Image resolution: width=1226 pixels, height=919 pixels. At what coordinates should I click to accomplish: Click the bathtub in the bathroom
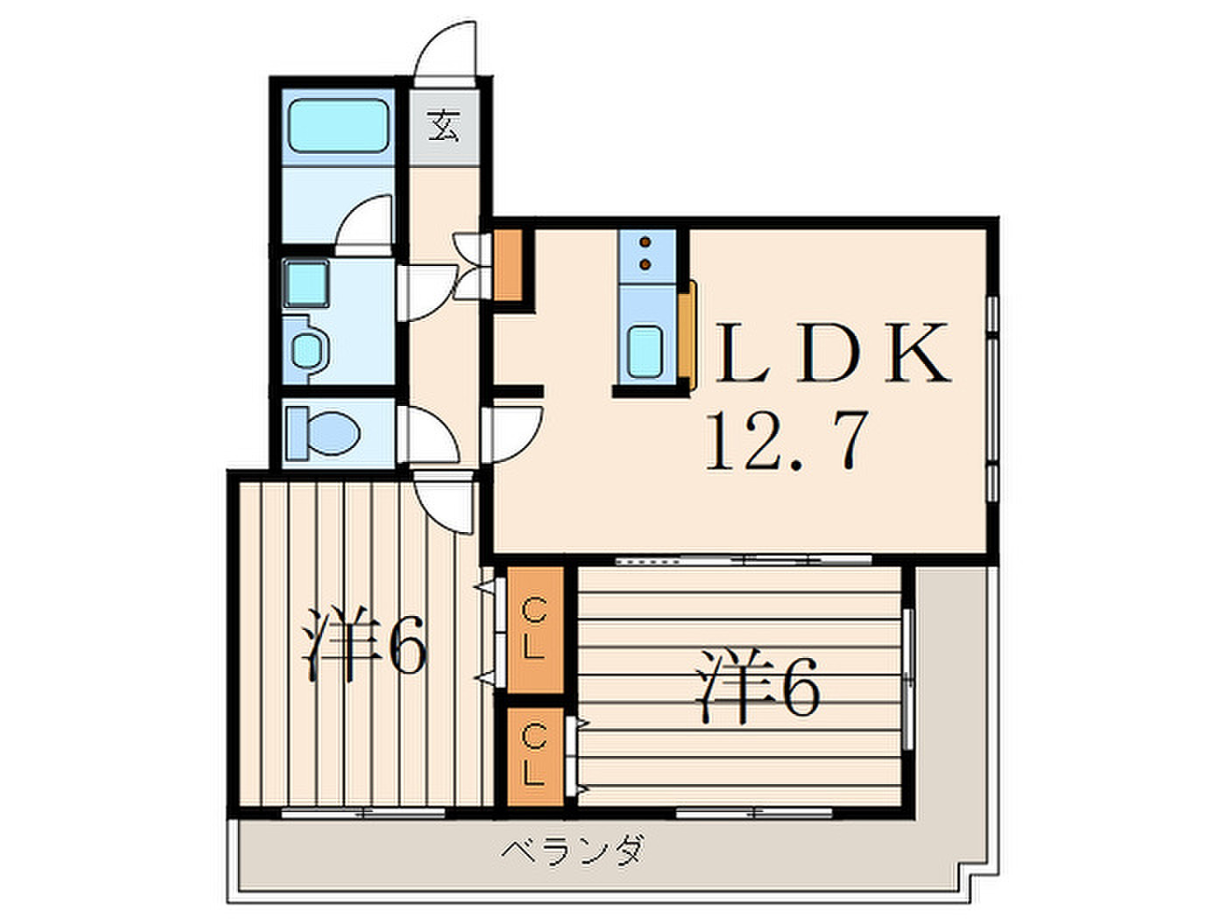(x=339, y=126)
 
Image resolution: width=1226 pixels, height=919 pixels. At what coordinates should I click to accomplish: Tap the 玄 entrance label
(x=445, y=125)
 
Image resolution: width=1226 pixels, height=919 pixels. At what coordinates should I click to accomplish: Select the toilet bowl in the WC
(x=333, y=433)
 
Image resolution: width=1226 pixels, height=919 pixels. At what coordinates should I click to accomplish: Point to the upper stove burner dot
(x=646, y=242)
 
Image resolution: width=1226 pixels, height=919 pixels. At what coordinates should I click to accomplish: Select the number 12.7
(x=787, y=441)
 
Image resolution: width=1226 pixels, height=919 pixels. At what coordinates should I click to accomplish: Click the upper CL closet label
(x=534, y=628)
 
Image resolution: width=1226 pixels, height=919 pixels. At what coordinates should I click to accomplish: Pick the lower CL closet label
(x=534, y=754)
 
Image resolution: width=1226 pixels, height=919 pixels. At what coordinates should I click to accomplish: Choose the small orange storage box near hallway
(x=508, y=265)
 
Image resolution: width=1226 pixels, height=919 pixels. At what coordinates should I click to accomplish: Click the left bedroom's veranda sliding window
(x=363, y=813)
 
